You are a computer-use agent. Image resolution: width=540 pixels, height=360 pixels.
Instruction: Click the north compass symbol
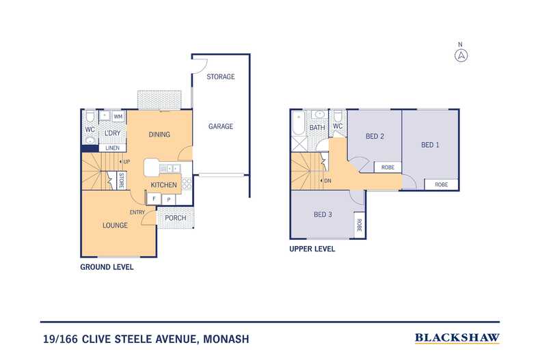pyautogui.click(x=462, y=55)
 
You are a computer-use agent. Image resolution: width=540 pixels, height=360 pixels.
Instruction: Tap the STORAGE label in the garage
pyautogui.click(x=220, y=77)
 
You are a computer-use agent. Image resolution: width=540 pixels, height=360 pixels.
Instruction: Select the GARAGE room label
pyautogui.click(x=220, y=126)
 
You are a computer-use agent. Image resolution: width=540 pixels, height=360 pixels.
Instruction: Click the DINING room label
pyautogui.click(x=159, y=135)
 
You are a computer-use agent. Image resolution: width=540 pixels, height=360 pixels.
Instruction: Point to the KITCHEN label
pyautogui.click(x=163, y=185)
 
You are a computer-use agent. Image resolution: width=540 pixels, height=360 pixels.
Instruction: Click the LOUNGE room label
pyautogui.click(x=115, y=225)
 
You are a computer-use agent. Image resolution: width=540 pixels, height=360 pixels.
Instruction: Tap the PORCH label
pyautogui.click(x=176, y=219)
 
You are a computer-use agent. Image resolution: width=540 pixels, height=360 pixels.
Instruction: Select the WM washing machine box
pyautogui.click(x=118, y=117)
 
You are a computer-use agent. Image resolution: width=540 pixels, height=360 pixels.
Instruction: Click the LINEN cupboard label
pyautogui.click(x=113, y=148)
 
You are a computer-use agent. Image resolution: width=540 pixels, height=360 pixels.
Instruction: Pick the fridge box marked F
pyautogui.click(x=154, y=199)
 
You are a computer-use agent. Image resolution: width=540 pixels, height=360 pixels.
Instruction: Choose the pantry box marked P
pyautogui.click(x=169, y=199)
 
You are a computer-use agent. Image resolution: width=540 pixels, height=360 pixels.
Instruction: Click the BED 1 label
pyautogui.click(x=429, y=144)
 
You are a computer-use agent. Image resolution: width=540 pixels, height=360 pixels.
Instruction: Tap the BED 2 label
pyautogui.click(x=375, y=136)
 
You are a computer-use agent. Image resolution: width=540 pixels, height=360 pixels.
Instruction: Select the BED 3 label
pyautogui.click(x=323, y=214)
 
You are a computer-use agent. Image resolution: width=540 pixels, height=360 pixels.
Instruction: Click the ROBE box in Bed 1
pyautogui.click(x=442, y=184)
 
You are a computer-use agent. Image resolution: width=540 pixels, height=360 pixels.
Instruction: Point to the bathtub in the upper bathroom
pyautogui.click(x=297, y=123)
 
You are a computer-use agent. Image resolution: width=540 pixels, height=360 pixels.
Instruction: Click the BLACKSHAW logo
pyautogui.click(x=457, y=337)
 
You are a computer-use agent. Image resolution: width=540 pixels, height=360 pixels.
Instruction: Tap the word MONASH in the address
pyautogui.click(x=226, y=338)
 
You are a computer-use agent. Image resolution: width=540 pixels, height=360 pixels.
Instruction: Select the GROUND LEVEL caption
pyautogui.click(x=107, y=267)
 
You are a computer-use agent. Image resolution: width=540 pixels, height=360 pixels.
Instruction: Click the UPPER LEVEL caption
pyautogui.click(x=312, y=249)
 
